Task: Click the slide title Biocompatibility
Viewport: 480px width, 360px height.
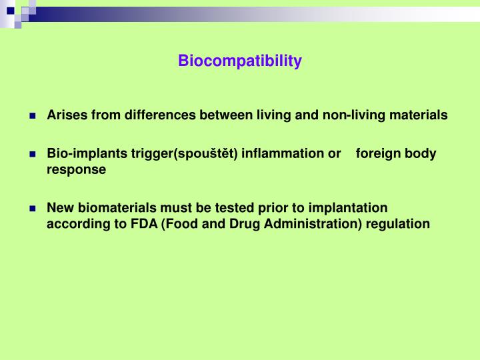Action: pos(240,61)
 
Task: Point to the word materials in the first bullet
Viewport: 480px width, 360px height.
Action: pos(418,115)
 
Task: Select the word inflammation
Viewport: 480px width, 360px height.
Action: pos(283,153)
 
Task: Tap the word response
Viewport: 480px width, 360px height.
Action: pos(76,169)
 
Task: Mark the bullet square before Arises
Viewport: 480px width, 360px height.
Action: pos(33,115)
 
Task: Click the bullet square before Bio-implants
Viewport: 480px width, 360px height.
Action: pos(33,154)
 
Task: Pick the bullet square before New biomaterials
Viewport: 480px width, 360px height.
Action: pos(33,208)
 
